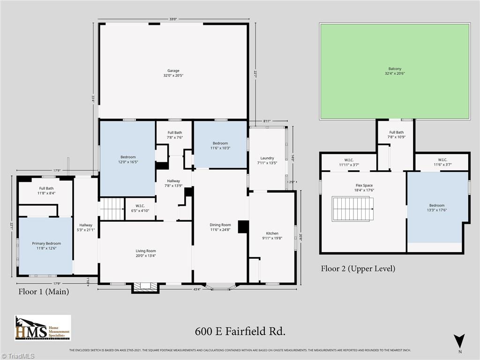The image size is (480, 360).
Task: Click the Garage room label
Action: coord(173,73)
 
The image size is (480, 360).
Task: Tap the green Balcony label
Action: coord(395,71)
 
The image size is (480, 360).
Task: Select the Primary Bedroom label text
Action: coord(46,246)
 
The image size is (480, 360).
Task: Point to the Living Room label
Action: coord(146,254)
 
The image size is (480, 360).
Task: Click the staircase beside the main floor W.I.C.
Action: coord(112,209)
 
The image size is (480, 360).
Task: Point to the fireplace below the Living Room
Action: coord(145,286)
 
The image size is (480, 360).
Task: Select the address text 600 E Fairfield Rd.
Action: coord(240,331)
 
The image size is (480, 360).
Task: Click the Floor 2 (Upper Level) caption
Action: coord(358,269)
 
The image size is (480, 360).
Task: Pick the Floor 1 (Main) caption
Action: coord(44,292)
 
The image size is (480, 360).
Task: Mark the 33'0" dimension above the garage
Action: coord(173,19)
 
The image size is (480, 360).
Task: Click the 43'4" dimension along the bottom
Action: coord(196,289)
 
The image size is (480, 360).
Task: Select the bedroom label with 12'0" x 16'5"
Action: coord(127,159)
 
